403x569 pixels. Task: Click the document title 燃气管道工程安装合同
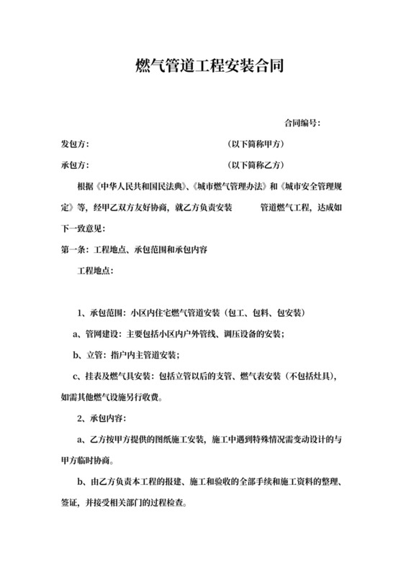tap(201, 67)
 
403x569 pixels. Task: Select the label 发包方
tap(74, 144)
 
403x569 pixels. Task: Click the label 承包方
tap(74, 165)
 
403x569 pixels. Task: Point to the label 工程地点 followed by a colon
tap(94, 272)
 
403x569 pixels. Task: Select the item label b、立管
tap(89, 355)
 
